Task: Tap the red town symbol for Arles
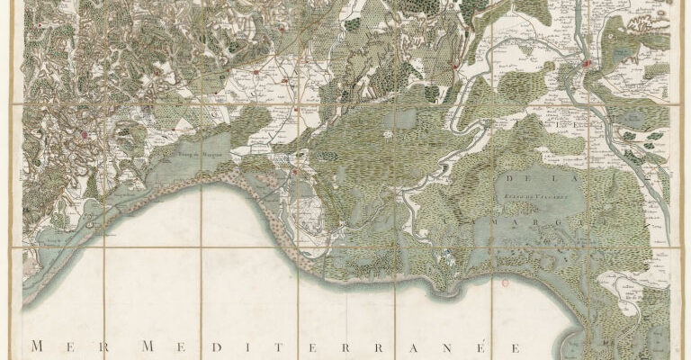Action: [587, 64]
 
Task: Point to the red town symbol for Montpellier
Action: [85, 135]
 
